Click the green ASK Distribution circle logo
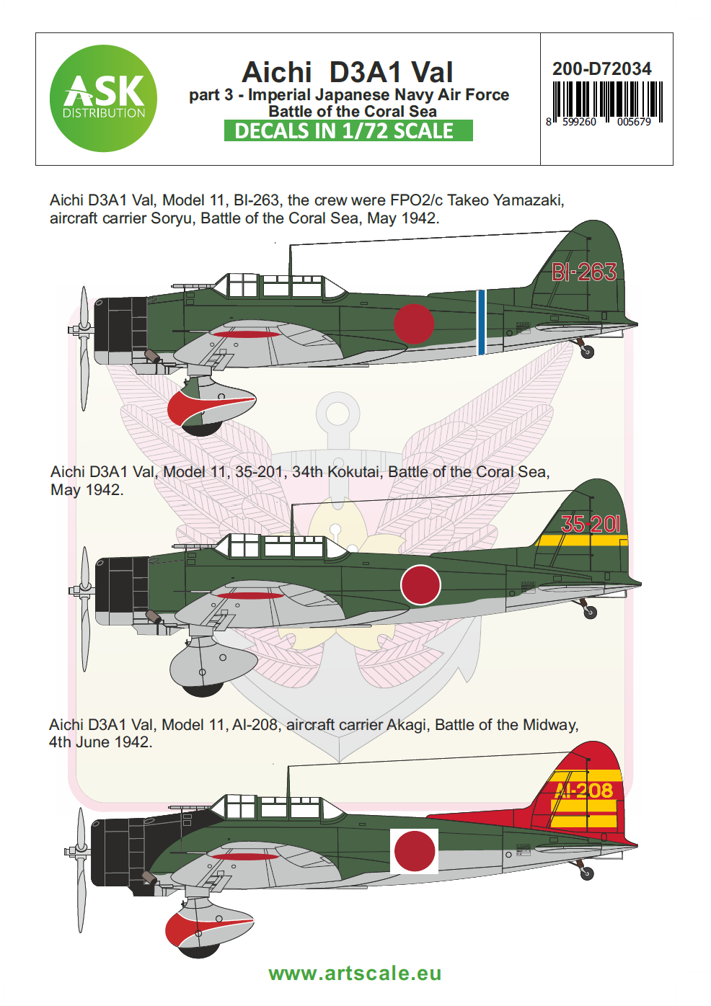point(103,99)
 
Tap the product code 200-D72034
point(601,69)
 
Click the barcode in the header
point(606,102)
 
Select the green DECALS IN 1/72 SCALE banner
point(348,131)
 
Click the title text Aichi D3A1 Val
point(348,73)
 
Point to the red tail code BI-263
point(583,272)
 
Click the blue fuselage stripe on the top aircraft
point(481,322)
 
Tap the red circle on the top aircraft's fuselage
point(414,323)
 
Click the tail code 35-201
point(590,524)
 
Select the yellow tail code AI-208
point(586,791)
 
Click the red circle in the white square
point(415,851)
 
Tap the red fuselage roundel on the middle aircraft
point(420,584)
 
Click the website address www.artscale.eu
point(355,974)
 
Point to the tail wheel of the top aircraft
point(588,352)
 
